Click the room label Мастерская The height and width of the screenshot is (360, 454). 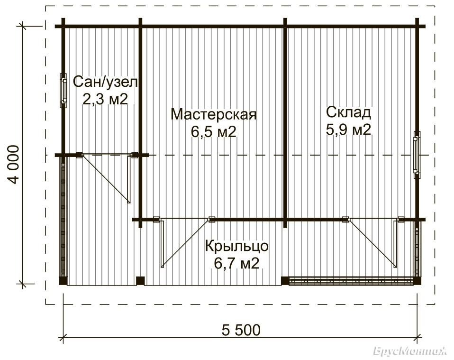pyautogui.click(x=214, y=114)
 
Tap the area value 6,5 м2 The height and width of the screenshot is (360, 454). pyautogui.click(x=214, y=132)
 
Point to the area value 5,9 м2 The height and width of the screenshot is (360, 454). pyautogui.click(x=348, y=129)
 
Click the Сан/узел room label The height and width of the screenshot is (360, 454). pyautogui.click(x=105, y=82)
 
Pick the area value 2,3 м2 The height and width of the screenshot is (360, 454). pyautogui.click(x=105, y=99)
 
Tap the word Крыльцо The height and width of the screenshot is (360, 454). pyautogui.click(x=237, y=246)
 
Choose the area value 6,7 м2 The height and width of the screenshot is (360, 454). pyautogui.click(x=236, y=263)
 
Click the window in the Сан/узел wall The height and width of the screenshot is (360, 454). pyautogui.click(x=64, y=91)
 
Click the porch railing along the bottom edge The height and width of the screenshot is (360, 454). pyautogui.click(x=351, y=281)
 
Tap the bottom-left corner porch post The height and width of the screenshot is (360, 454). pyautogui.click(x=63, y=281)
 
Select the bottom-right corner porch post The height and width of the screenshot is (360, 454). pyautogui.click(x=417, y=281)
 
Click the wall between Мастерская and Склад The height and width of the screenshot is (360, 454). pyautogui.click(x=285, y=122)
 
